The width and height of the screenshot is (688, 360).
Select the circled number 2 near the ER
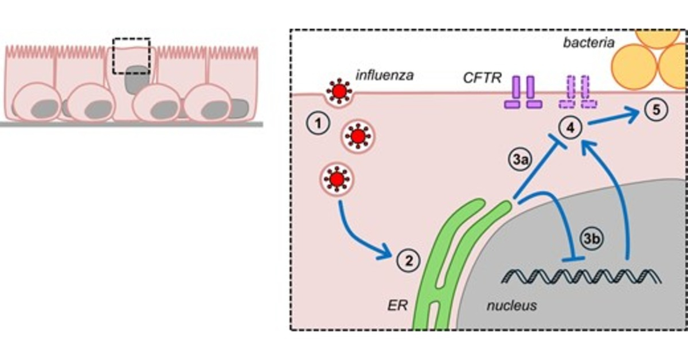[x=408, y=261]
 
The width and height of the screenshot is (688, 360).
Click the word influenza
[x=384, y=75]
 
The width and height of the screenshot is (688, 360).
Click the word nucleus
[x=512, y=305]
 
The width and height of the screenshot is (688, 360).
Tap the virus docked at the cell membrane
[x=338, y=92]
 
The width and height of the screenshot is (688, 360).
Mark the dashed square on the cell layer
[x=131, y=56]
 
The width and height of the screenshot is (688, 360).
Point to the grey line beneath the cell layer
[x=131, y=124]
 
